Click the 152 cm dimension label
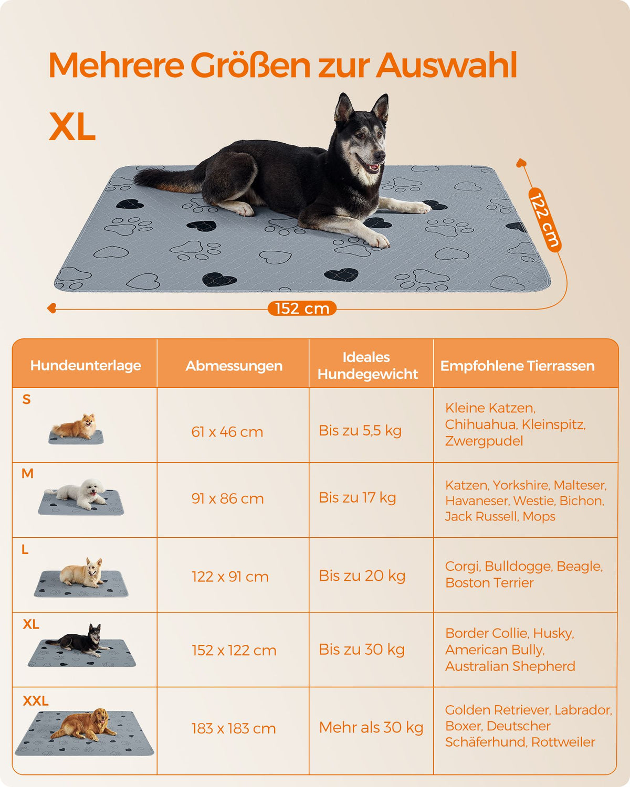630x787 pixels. click(x=302, y=309)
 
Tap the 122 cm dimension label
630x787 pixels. click(x=545, y=220)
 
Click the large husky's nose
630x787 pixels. click(x=381, y=156)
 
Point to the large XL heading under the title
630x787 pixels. click(x=72, y=126)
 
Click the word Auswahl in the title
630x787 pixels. click(x=447, y=65)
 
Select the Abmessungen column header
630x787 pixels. click(x=234, y=366)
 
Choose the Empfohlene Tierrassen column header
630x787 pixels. click(x=517, y=366)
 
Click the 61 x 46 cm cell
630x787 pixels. click(x=227, y=432)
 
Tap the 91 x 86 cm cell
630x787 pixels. click(x=227, y=498)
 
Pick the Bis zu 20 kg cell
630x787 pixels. click(x=362, y=576)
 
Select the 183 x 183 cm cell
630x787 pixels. click(x=234, y=728)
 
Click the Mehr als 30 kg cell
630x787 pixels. click(x=371, y=727)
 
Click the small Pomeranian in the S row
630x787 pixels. click(x=75, y=427)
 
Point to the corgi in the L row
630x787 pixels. click(x=81, y=573)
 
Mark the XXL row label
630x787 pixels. click(x=36, y=701)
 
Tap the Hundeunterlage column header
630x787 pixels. click(x=86, y=365)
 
